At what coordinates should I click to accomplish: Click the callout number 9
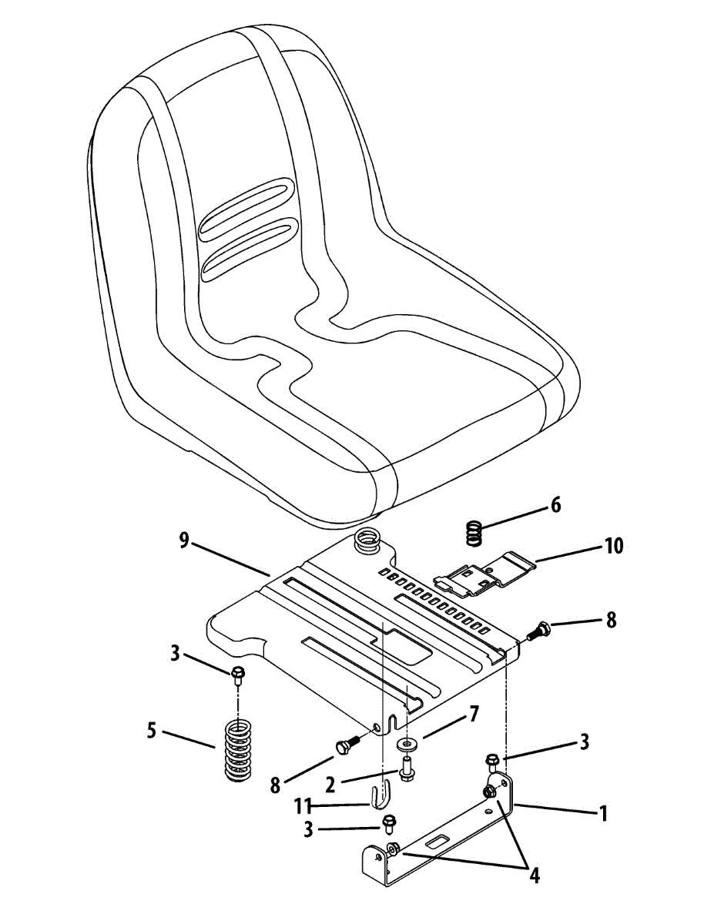(x=184, y=541)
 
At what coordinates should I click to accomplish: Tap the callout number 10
(x=614, y=547)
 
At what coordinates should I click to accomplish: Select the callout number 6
(x=555, y=506)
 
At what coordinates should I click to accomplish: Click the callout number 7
(x=474, y=714)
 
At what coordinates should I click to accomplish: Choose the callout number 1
(x=603, y=812)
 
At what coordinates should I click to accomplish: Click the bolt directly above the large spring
(x=238, y=675)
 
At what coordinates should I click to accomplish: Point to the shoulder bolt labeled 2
(x=406, y=767)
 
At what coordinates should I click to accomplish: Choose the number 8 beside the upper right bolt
(x=611, y=620)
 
